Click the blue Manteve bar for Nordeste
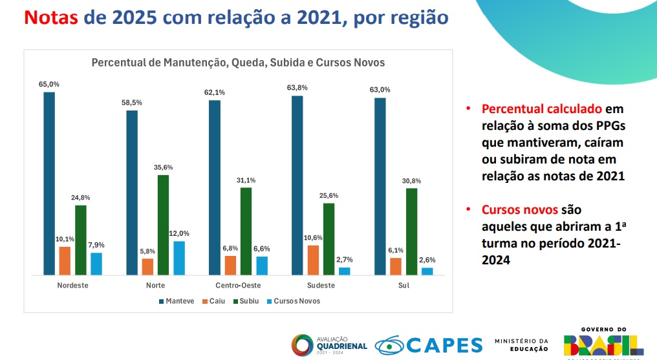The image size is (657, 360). (49, 184)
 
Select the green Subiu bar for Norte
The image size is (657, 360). (163, 225)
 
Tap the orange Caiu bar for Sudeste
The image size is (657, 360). (313, 260)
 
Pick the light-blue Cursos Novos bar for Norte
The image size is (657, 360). (179, 258)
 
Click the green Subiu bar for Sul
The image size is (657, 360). (411, 231)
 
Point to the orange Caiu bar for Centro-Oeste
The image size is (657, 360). (230, 265)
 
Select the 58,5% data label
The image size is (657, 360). (132, 103)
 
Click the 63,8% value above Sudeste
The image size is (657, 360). (297, 88)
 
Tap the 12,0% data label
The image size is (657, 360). (180, 233)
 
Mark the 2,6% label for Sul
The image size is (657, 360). (427, 260)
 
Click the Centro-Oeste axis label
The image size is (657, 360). (238, 285)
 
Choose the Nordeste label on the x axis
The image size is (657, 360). (72, 285)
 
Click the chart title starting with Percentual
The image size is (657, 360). (238, 63)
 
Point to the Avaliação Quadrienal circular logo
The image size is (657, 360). (303, 344)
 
